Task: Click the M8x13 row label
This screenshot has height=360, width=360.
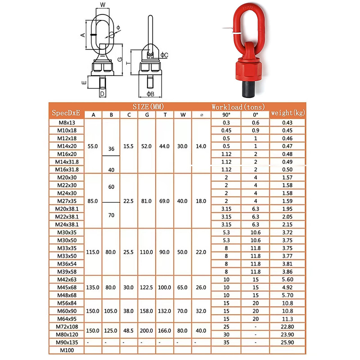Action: coord(67,123)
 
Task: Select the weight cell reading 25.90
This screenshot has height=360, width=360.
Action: coord(287,342)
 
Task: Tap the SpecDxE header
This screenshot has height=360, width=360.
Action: coord(66,113)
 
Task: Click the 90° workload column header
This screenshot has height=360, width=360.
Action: coord(226,115)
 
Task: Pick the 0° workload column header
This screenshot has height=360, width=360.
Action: coord(255,115)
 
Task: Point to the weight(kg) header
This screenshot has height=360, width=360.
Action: coord(288,113)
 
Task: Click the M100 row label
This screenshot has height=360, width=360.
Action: coord(67,350)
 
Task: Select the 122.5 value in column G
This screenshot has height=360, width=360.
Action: coord(146,287)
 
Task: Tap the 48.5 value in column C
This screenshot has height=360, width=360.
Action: coord(128,331)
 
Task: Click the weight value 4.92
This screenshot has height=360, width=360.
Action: coord(287,287)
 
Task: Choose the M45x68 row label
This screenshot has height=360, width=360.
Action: coord(67,287)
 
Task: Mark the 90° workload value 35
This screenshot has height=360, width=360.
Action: coord(226,342)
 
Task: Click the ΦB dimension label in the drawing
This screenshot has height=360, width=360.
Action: coord(150,94)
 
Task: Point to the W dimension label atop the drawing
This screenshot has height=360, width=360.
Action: coord(103,5)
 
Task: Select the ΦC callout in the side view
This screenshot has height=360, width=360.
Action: coord(164,55)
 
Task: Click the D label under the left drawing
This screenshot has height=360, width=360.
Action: coord(103,94)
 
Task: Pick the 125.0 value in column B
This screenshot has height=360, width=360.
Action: coord(110,331)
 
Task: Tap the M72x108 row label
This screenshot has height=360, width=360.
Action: coord(67,327)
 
